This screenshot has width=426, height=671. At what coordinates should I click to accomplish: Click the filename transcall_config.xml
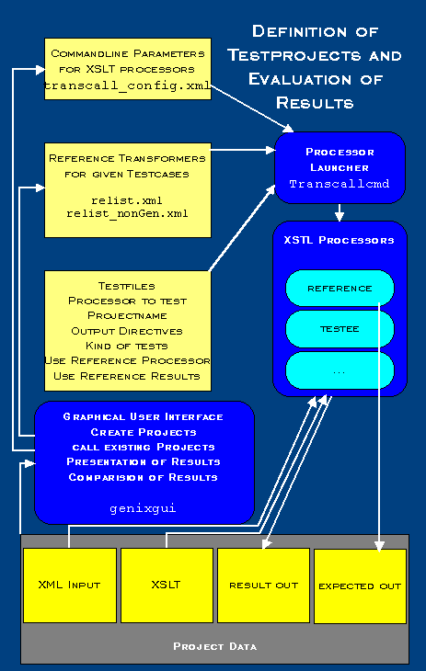(x=127, y=86)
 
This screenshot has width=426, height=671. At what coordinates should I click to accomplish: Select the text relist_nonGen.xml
(x=127, y=213)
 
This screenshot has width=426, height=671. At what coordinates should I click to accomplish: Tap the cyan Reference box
(x=340, y=289)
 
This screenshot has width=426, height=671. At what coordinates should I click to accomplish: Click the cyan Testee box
(x=340, y=328)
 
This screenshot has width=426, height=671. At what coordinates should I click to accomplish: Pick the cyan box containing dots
(x=340, y=370)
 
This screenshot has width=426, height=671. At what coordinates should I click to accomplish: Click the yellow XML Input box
(x=70, y=585)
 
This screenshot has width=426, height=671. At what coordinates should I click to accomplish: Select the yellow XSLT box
(x=167, y=585)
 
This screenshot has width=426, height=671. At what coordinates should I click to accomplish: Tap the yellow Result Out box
(x=263, y=585)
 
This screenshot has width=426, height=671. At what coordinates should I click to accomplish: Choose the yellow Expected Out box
(x=360, y=585)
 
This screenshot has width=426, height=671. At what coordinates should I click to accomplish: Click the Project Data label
(x=214, y=646)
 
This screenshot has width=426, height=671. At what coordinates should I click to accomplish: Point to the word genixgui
(x=142, y=506)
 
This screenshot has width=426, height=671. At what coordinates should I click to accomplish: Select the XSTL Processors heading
(x=339, y=241)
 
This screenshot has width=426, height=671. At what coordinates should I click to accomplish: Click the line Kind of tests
(x=127, y=346)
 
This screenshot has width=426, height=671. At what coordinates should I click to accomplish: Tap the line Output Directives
(x=127, y=331)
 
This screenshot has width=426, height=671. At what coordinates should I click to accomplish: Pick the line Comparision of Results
(x=142, y=477)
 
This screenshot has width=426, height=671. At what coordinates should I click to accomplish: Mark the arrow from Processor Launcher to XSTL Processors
(x=340, y=212)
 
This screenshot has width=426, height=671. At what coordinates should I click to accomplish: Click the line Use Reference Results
(x=127, y=375)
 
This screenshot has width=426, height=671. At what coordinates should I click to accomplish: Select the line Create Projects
(x=142, y=432)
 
